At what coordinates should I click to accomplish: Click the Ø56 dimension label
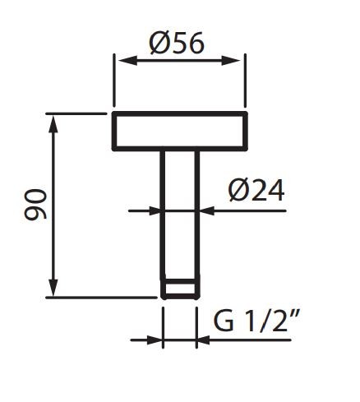[x=178, y=42]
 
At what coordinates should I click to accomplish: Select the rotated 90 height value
[x=35, y=205]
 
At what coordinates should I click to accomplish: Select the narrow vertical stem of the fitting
[x=180, y=214]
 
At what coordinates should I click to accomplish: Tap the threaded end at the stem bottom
[x=180, y=289]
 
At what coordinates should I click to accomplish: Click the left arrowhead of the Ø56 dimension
[x=119, y=60]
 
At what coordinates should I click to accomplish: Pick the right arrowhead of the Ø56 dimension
[x=238, y=60]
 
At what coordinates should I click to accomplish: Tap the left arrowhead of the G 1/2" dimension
[x=156, y=338]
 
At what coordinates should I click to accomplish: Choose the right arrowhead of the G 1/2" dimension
[x=204, y=338]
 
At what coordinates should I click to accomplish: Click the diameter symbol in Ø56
[x=161, y=42]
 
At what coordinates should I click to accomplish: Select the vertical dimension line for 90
[x=55, y=206]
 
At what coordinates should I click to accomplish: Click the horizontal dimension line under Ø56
[x=178, y=60]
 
